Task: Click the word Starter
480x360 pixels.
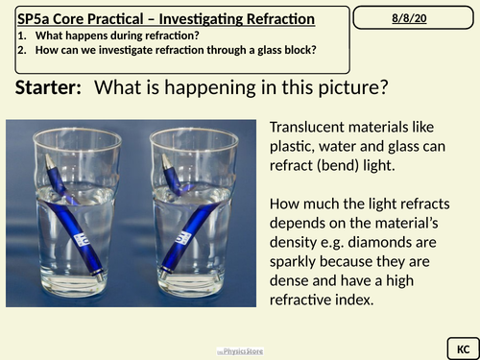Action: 48,89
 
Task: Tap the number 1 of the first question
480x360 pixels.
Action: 22,36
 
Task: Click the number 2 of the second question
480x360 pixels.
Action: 22,51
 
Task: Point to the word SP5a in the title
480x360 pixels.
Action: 36,19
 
